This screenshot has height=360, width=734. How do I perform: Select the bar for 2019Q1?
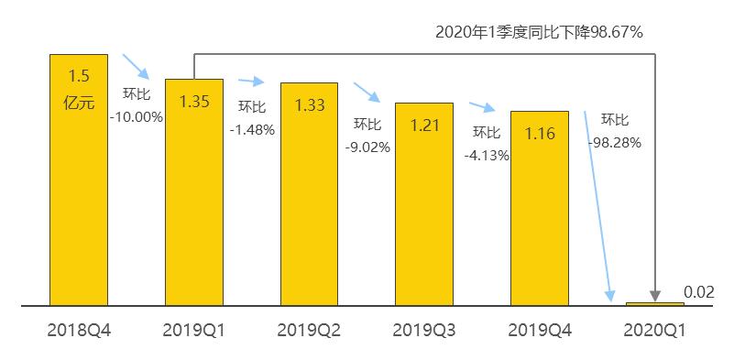194,202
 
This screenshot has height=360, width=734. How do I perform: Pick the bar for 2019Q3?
424,211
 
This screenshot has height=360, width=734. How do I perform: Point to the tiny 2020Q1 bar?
654,303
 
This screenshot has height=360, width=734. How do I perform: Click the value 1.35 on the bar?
194,101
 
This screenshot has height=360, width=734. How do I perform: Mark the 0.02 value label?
698,292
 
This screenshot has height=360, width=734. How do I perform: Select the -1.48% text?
252,129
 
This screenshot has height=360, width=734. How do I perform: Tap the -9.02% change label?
367,147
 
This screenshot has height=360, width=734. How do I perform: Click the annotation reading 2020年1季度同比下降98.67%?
539,32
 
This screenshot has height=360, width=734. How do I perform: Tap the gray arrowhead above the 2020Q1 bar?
654,295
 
